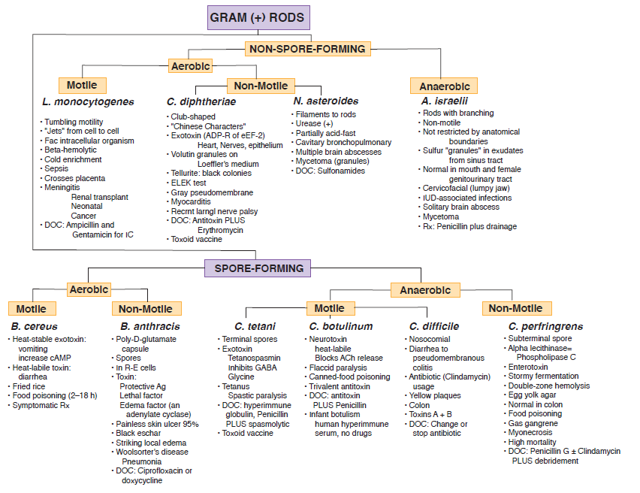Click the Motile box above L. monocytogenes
point(82,85)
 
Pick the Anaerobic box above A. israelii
point(443,85)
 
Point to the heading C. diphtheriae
point(201,101)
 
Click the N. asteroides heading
point(325,101)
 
